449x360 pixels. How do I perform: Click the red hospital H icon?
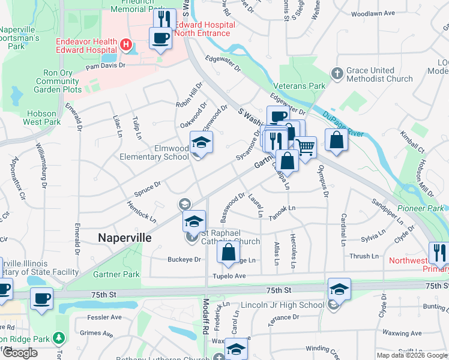(126, 44)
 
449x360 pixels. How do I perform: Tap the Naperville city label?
(124, 238)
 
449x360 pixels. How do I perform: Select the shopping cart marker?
(306, 146)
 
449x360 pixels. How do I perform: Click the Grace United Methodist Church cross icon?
(337, 73)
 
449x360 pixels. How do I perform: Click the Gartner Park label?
(116, 274)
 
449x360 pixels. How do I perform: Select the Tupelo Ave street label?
(229, 276)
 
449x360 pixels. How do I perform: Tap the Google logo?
(20, 353)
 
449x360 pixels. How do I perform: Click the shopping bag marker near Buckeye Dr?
(229, 253)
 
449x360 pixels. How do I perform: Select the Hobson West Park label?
(42, 118)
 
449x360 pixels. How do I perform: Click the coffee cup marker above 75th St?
(41, 299)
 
